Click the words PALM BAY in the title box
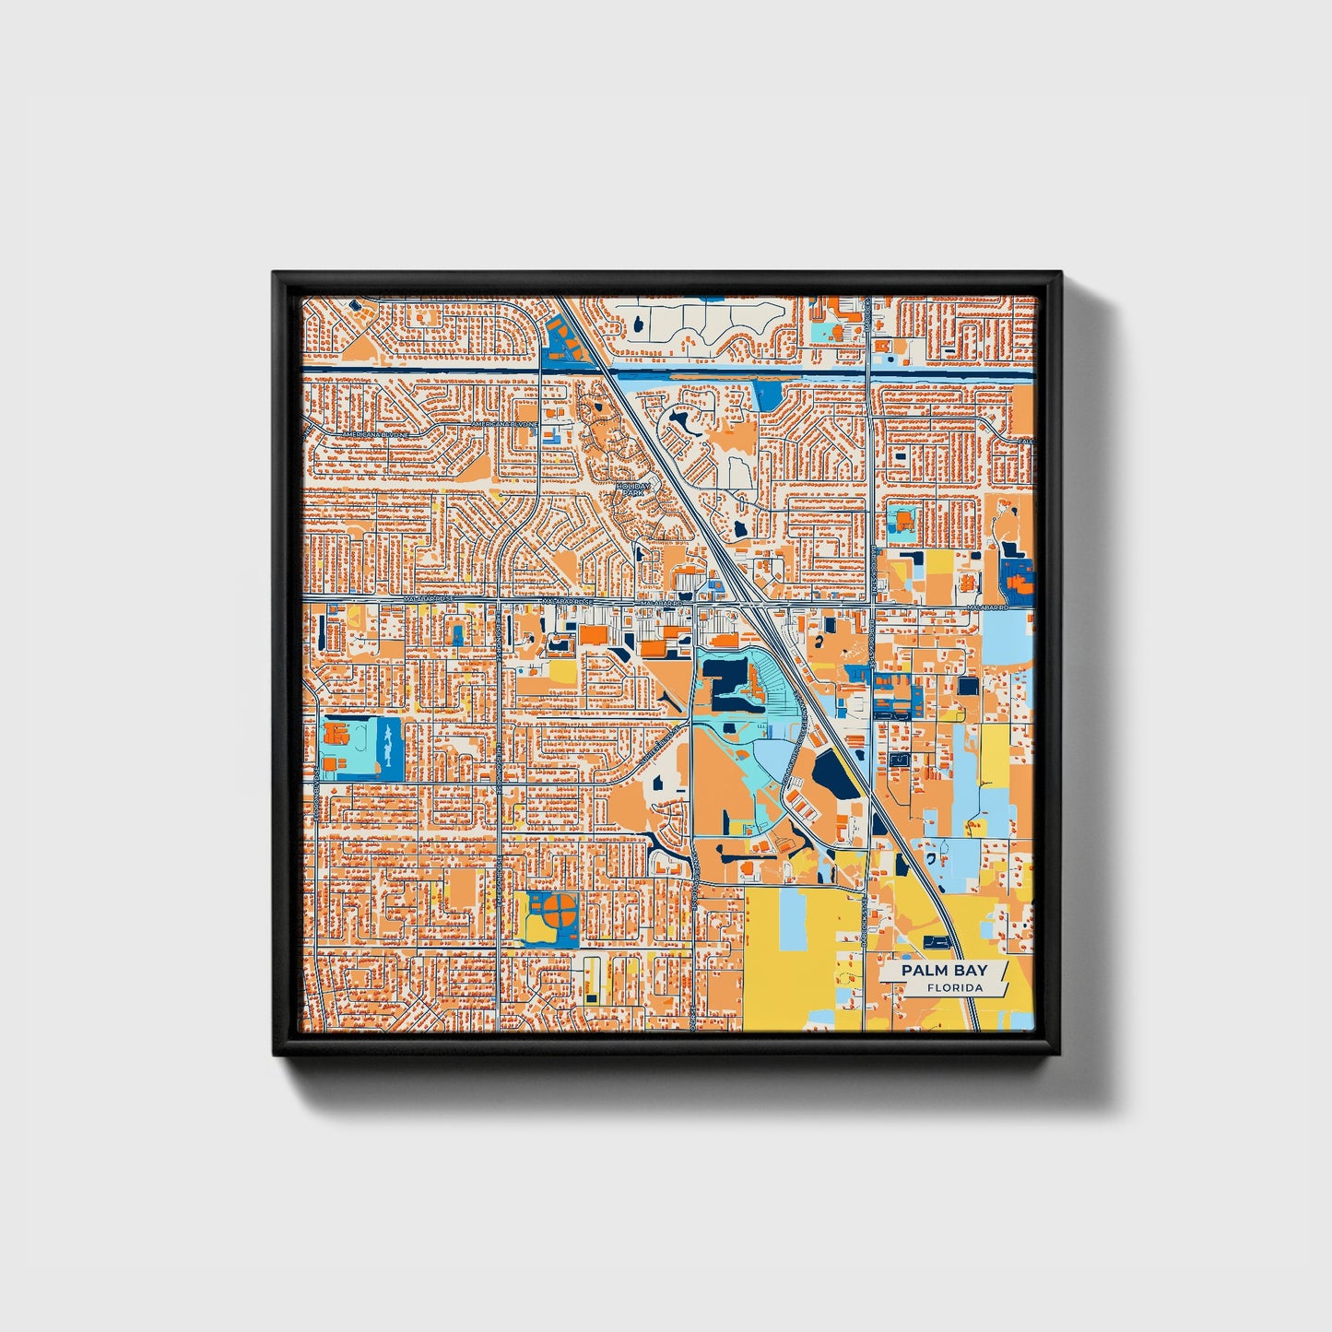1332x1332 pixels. (x=943, y=971)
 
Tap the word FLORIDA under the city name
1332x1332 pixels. (x=955, y=988)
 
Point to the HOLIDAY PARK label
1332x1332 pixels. (x=633, y=489)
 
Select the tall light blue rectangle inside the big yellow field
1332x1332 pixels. (x=792, y=920)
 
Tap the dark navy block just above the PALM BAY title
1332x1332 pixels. (x=936, y=941)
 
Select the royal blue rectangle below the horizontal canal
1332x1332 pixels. (x=767, y=395)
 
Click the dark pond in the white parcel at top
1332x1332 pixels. (x=637, y=324)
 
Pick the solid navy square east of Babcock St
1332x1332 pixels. (x=968, y=686)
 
